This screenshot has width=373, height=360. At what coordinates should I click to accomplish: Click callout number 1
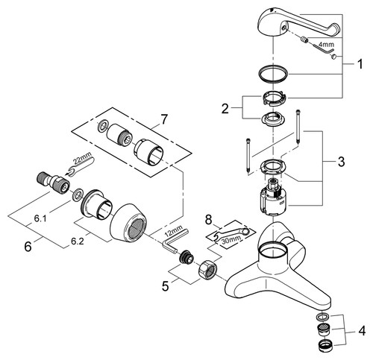click(x=360, y=64)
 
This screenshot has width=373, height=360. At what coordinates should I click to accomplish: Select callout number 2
click(x=225, y=109)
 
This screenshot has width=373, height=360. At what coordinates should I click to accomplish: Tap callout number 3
click(x=341, y=162)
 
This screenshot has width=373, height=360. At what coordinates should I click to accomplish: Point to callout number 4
click(x=362, y=331)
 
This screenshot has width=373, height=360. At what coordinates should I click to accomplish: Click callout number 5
click(x=166, y=285)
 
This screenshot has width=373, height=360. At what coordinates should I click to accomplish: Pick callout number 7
click(x=164, y=119)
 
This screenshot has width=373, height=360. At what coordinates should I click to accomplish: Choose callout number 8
click(x=208, y=220)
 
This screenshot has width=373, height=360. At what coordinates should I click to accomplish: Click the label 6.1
click(x=40, y=218)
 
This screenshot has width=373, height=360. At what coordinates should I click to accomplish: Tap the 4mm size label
click(x=326, y=45)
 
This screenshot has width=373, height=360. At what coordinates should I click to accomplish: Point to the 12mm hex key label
click(x=174, y=230)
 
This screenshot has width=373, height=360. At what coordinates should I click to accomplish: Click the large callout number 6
click(x=28, y=247)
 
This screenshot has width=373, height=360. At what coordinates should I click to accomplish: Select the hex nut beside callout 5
click(x=208, y=270)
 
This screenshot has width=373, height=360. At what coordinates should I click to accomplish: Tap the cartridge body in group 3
click(x=273, y=196)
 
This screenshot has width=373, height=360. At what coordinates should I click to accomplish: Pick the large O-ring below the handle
click(x=273, y=74)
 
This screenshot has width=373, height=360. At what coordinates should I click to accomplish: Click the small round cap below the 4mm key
click(x=333, y=57)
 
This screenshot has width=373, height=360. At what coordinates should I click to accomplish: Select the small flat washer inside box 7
click(x=102, y=125)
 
